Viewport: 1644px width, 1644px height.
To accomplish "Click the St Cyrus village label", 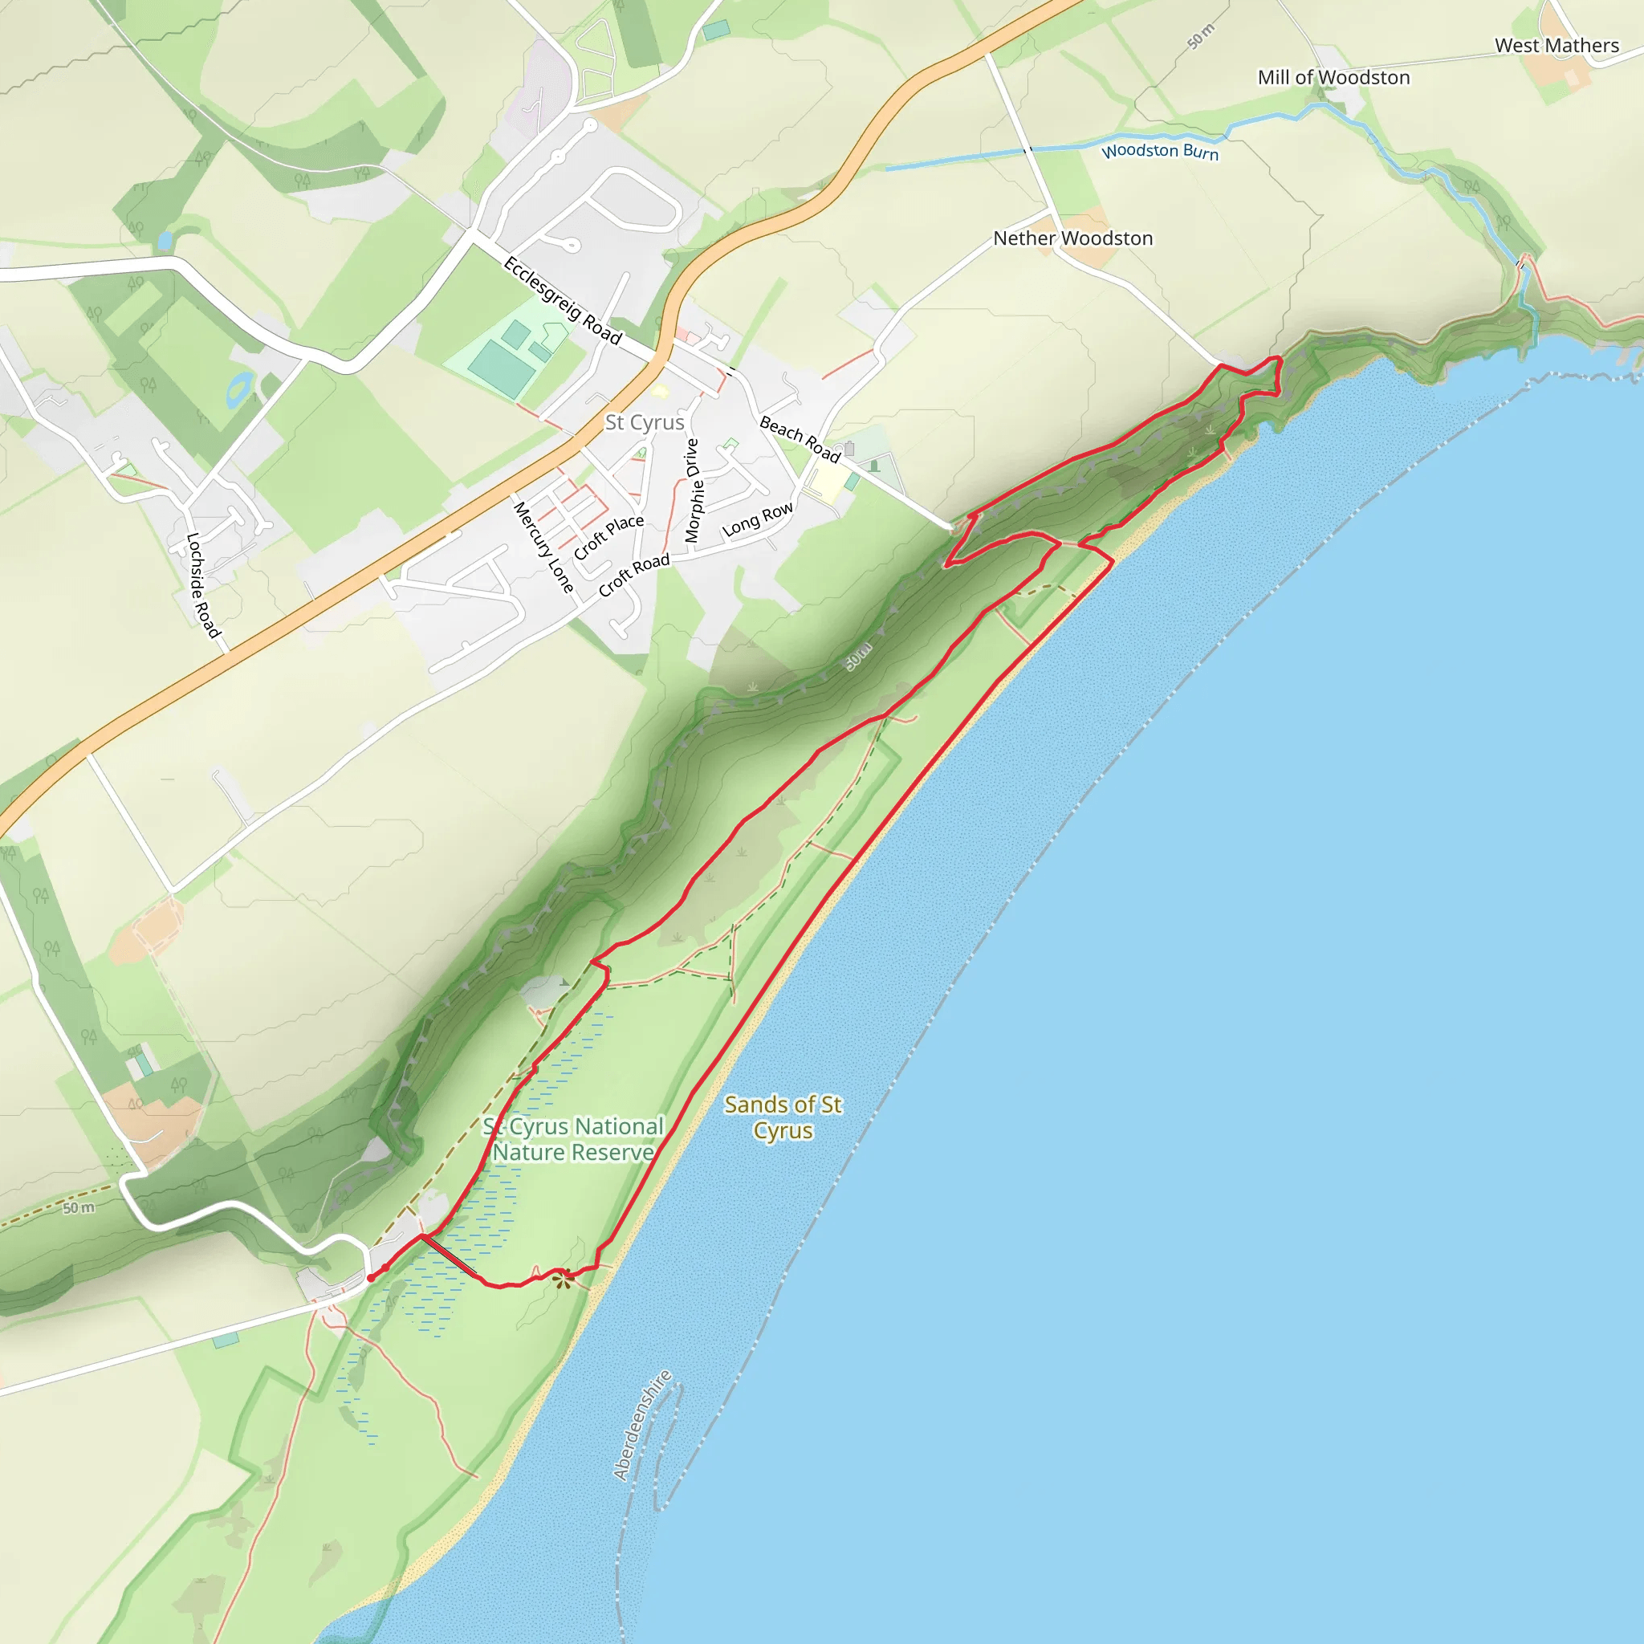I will point(644,422).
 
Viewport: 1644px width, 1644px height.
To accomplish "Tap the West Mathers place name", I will point(1557,46).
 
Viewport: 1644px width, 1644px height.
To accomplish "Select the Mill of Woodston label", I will point(1333,77).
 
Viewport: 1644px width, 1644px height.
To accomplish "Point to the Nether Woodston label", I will point(1073,238).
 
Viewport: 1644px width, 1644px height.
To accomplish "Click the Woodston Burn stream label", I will point(1160,152).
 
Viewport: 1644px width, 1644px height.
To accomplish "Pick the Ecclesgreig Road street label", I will point(563,300).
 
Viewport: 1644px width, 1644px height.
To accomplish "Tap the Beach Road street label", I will point(800,438).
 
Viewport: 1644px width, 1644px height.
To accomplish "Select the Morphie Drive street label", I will point(693,490).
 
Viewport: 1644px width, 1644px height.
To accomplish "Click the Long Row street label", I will point(757,519).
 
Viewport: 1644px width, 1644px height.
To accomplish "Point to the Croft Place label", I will point(608,537).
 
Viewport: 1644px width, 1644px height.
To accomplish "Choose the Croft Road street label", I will point(634,576).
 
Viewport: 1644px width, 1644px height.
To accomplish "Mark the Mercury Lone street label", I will point(543,547).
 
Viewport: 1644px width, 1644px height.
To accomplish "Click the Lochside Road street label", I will point(203,584).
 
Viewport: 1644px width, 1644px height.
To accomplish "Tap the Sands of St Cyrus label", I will point(783,1117).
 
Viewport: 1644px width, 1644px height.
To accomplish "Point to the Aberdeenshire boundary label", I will point(642,1426).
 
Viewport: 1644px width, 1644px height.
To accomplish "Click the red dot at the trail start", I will point(371,1278).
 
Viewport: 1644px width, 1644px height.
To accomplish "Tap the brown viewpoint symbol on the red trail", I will point(562,1278).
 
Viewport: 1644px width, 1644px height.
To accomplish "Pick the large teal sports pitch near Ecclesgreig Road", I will point(501,370).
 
